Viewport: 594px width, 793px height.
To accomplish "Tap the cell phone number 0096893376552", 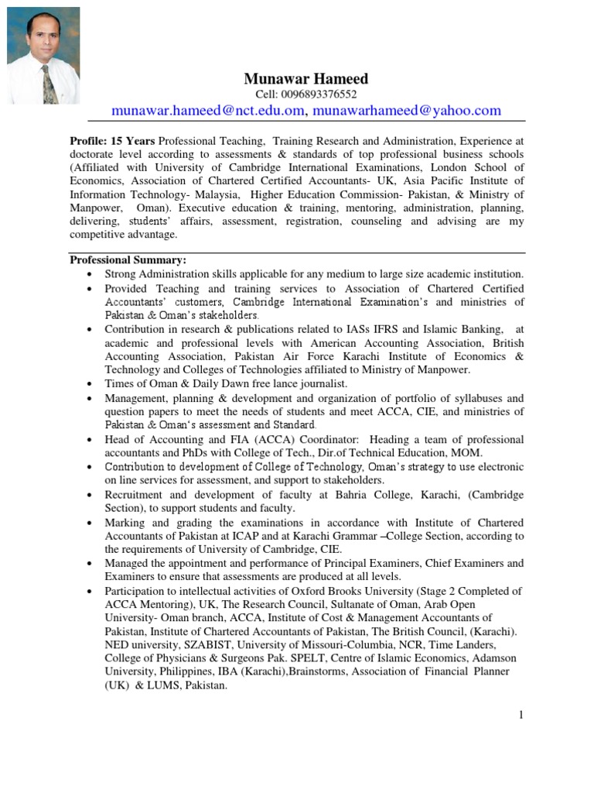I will [306, 94].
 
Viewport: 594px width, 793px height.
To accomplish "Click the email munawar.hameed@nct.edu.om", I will [207, 111].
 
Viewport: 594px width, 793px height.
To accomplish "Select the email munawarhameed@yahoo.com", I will [407, 111].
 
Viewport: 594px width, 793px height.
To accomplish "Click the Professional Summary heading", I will [128, 259].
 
